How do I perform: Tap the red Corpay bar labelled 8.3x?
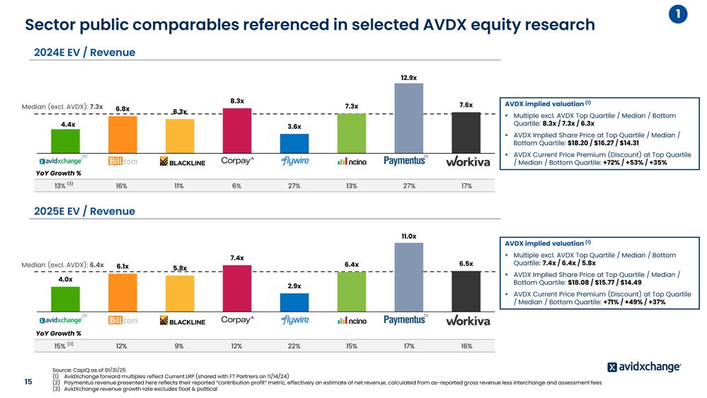(x=236, y=129)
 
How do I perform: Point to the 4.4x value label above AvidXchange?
(x=68, y=125)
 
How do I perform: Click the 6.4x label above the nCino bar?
(x=351, y=264)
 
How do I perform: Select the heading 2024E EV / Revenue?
(x=85, y=52)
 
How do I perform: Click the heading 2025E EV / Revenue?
(x=85, y=211)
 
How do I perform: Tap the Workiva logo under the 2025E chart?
(x=467, y=321)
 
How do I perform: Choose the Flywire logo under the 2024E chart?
(x=294, y=161)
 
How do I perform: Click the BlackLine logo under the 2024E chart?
(x=182, y=162)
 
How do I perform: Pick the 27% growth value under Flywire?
(x=294, y=186)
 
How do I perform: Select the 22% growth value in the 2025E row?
(x=294, y=346)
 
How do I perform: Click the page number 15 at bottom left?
(x=28, y=382)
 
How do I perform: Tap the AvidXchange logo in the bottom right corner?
(x=644, y=367)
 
